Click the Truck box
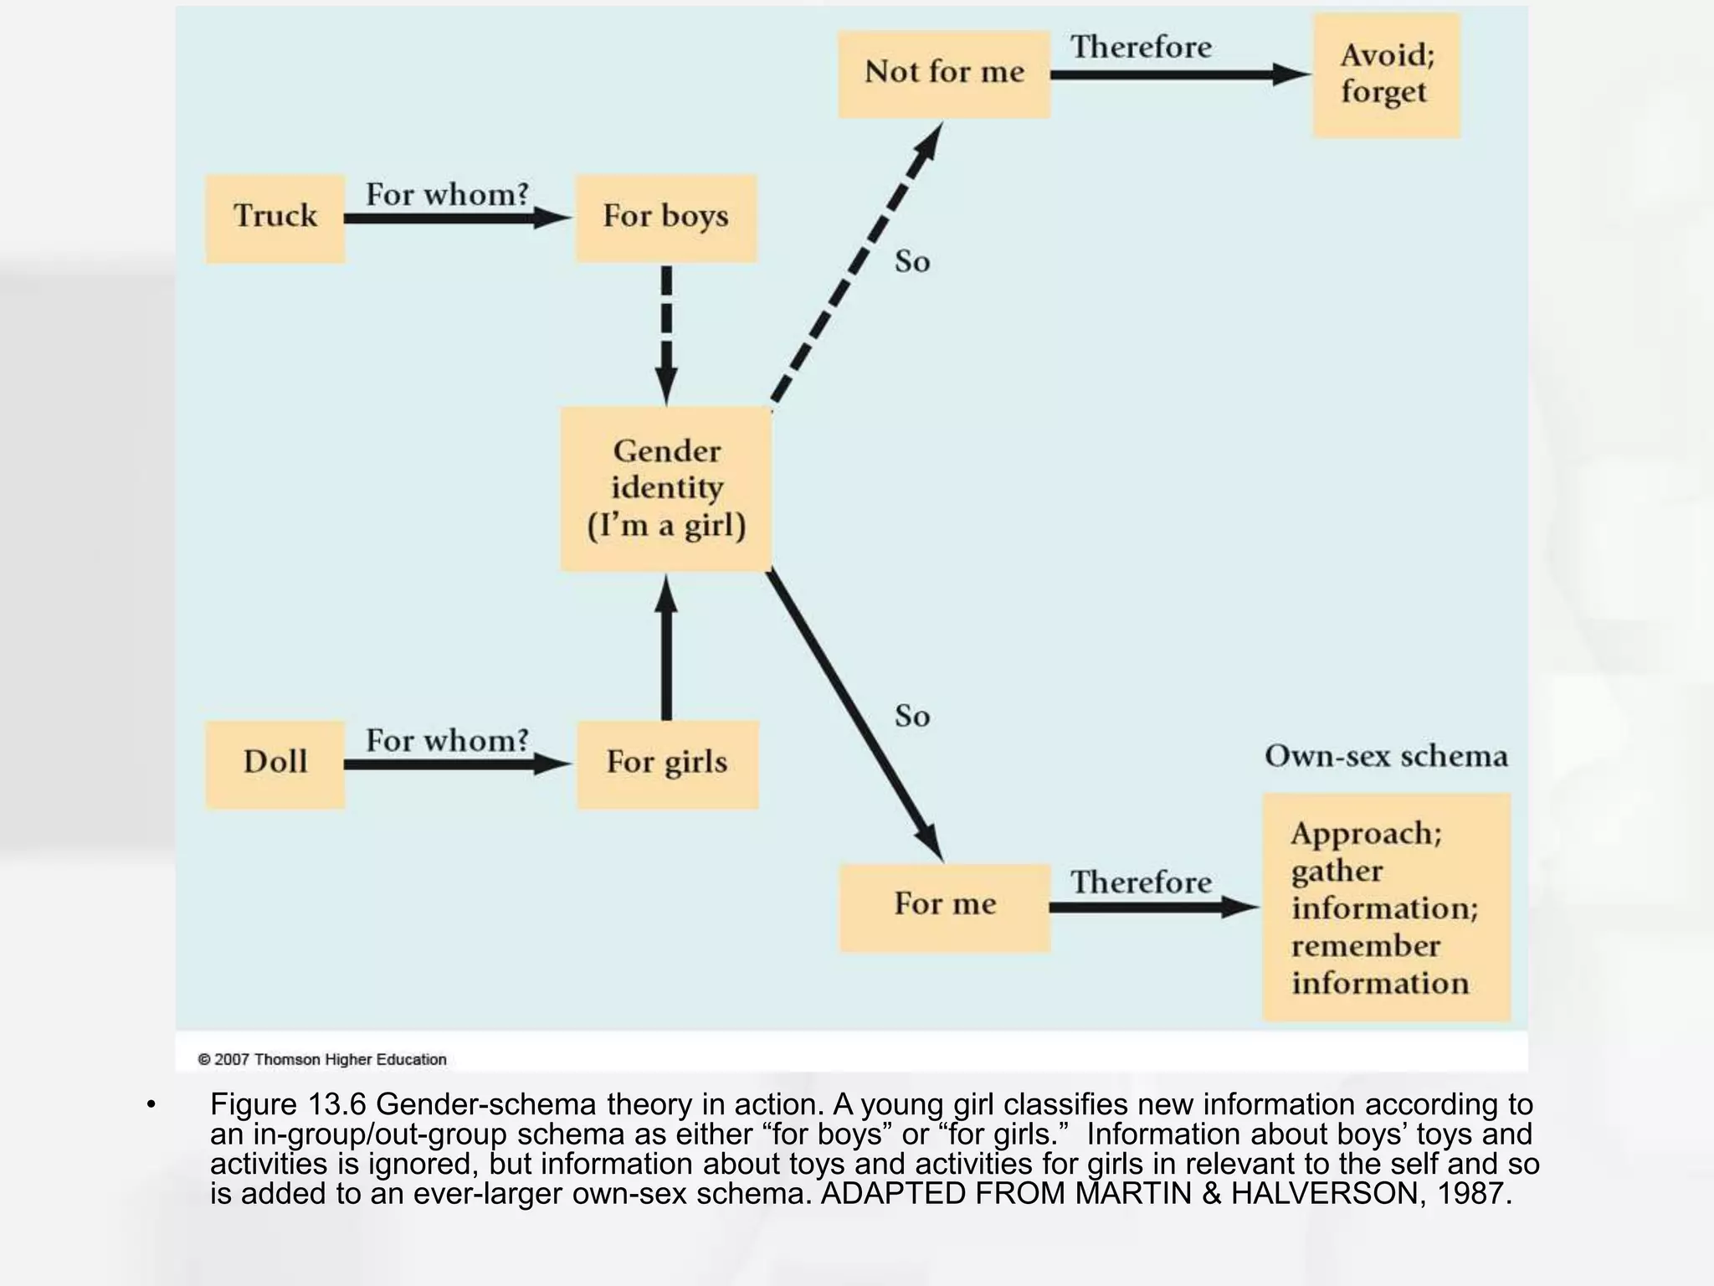click(x=275, y=219)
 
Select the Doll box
click(x=275, y=764)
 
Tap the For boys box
click(x=666, y=219)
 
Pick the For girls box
click(x=668, y=764)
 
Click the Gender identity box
click(x=666, y=490)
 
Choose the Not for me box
click(x=945, y=75)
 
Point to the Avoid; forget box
click(x=1387, y=75)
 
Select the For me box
click(x=945, y=908)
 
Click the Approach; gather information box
click(x=1387, y=908)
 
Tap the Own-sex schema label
click(x=1386, y=756)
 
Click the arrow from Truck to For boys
click(x=459, y=219)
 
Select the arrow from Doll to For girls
click(x=459, y=764)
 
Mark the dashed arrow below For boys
click(x=666, y=335)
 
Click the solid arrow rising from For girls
click(x=666, y=647)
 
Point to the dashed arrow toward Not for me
click(x=857, y=263)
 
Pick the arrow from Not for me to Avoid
click(x=1181, y=75)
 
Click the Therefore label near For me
click(x=1141, y=882)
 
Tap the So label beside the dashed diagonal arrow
click(x=912, y=262)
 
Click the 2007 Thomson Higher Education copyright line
click(x=322, y=1059)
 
